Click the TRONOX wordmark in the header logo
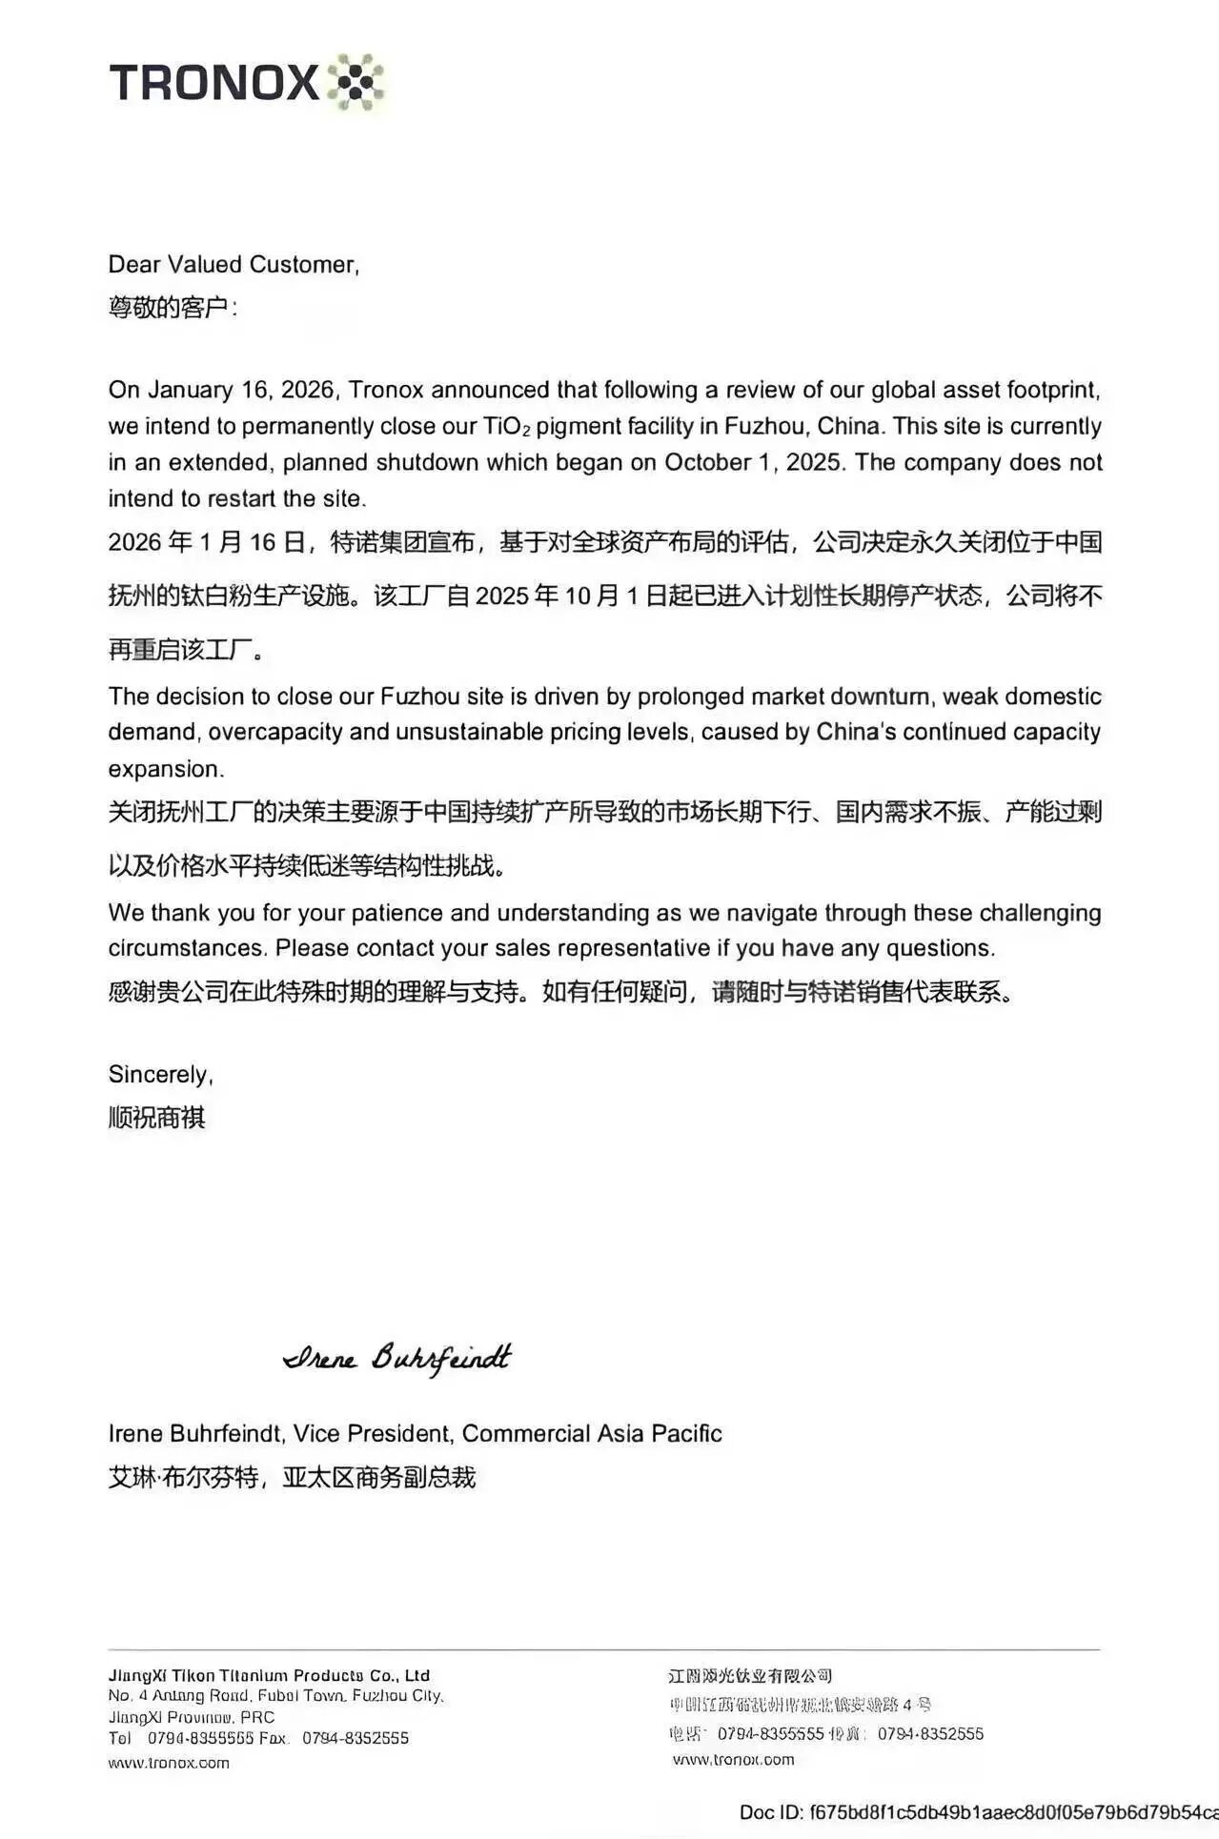click(x=213, y=82)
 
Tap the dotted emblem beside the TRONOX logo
click(x=356, y=82)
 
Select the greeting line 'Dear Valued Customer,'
click(x=234, y=264)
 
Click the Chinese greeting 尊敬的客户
click(x=168, y=308)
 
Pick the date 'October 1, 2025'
click(x=752, y=462)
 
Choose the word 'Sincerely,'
click(x=160, y=1075)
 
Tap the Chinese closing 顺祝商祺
click(x=156, y=1117)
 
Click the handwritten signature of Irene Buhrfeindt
click(x=397, y=1357)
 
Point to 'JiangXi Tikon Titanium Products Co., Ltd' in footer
click(x=269, y=1675)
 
